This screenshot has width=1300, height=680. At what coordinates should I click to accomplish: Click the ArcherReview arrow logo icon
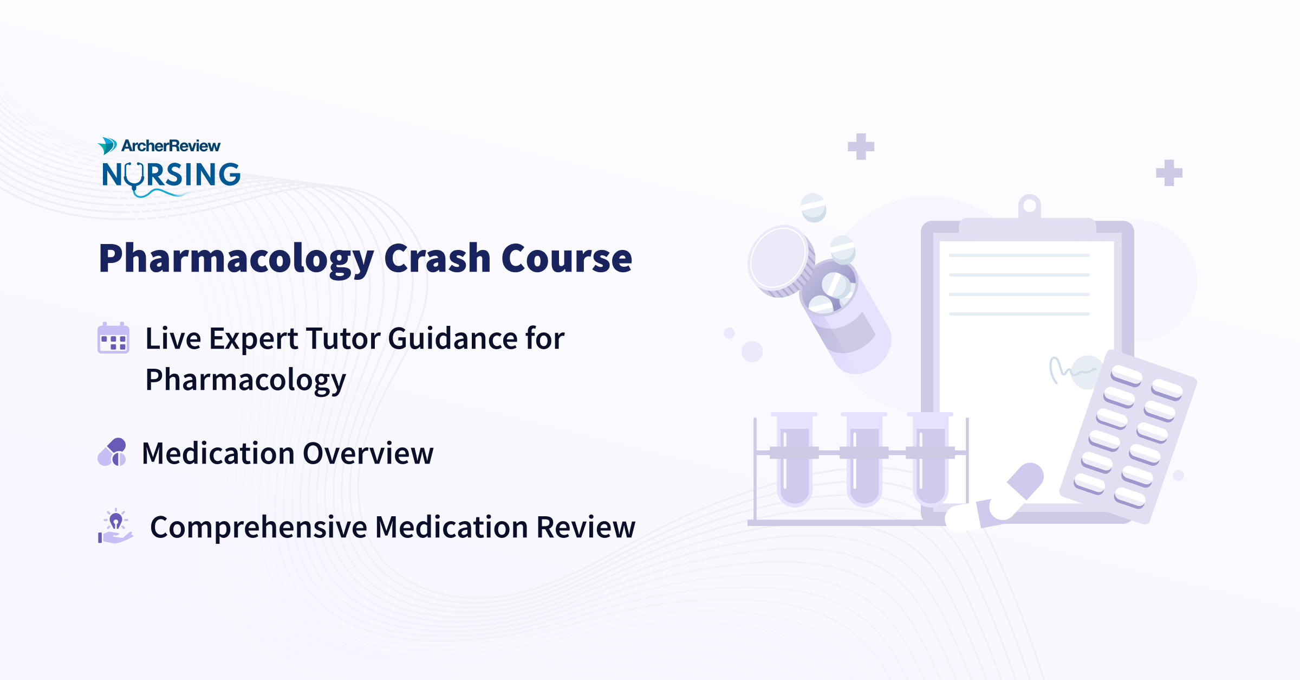107,145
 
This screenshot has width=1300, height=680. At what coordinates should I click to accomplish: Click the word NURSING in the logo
171,175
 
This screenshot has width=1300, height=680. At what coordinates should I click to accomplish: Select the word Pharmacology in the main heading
236,259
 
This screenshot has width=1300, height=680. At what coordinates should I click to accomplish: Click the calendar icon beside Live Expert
113,338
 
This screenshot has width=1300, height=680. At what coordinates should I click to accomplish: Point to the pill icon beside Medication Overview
113,452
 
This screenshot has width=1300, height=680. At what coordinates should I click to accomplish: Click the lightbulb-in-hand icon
115,526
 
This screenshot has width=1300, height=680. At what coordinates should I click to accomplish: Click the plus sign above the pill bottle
861,146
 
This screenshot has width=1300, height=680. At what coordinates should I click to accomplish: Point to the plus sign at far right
1169,173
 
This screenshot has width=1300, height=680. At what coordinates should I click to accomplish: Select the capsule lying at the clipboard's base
997,499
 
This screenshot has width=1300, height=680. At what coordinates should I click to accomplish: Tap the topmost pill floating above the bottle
813,207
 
